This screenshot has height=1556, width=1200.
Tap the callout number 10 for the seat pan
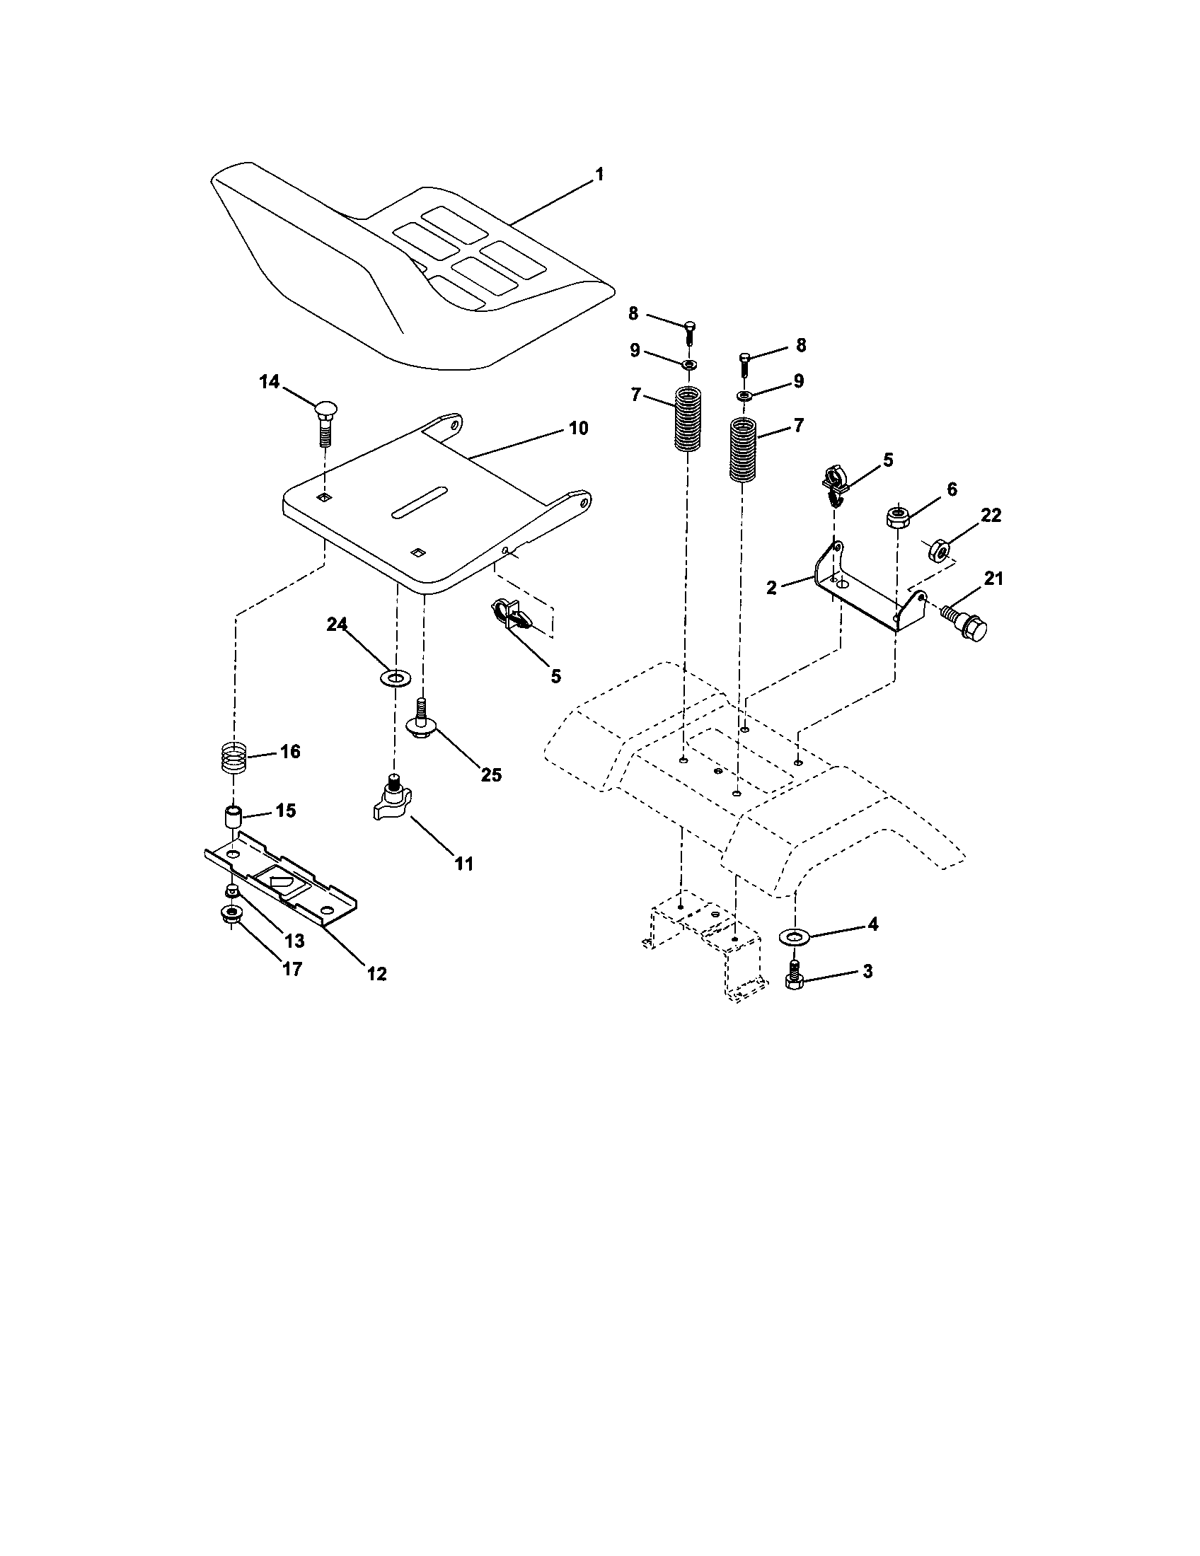pyautogui.click(x=578, y=428)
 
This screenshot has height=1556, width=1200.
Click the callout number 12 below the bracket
pyautogui.click(x=376, y=973)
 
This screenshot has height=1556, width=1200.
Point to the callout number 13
pyautogui.click(x=293, y=941)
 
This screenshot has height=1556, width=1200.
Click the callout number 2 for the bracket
pyautogui.click(x=772, y=588)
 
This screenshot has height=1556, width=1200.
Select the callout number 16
pyautogui.click(x=290, y=752)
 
